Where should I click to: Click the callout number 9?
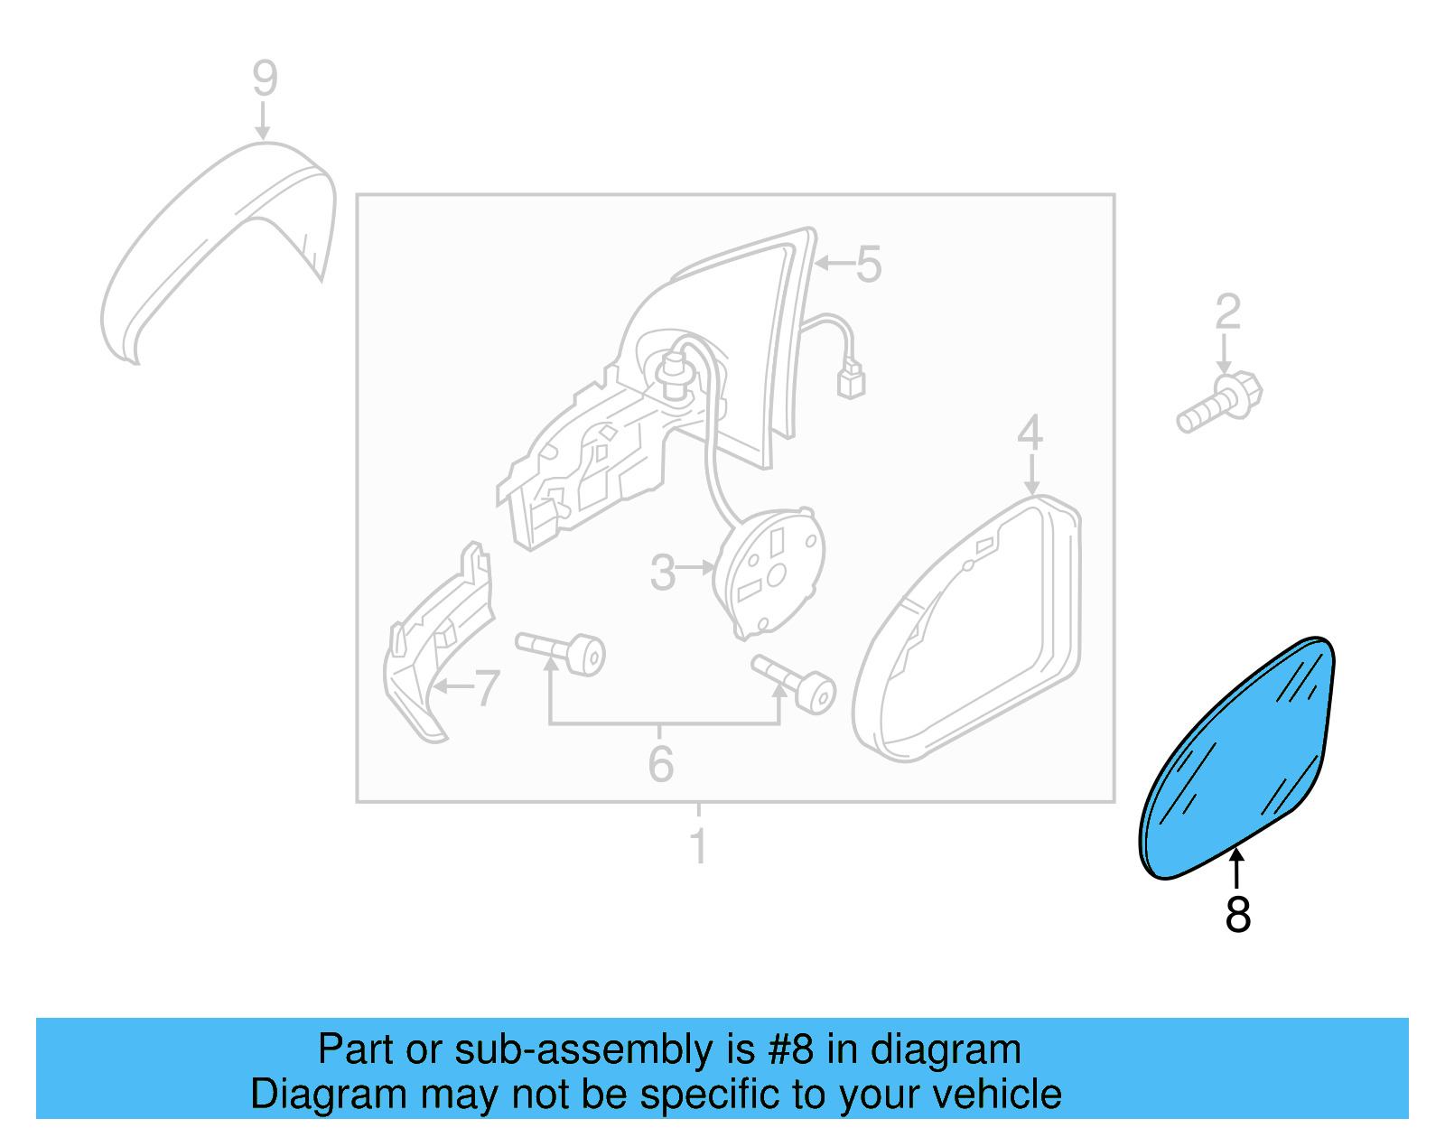click(265, 79)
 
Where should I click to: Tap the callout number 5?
click(868, 265)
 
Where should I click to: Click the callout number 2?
click(1227, 312)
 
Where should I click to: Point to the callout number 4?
click(1030, 433)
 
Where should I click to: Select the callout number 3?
click(663, 573)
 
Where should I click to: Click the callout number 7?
click(487, 689)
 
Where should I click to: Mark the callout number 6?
click(661, 764)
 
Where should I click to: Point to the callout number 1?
click(698, 846)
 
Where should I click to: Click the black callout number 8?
click(1238, 914)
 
